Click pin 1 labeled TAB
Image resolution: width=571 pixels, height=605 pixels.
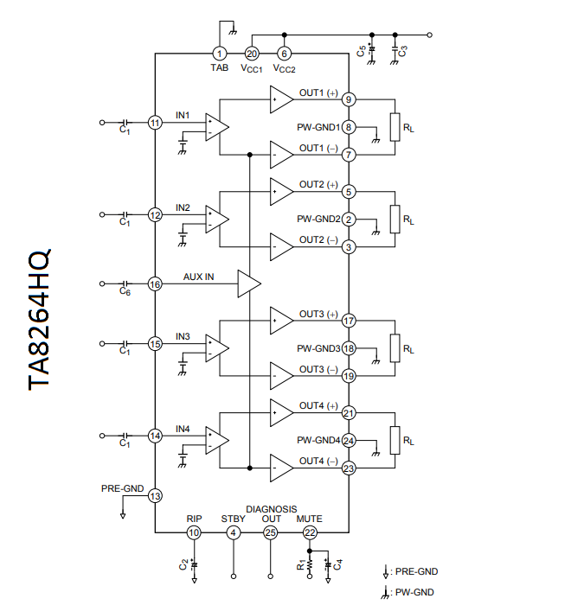point(220,54)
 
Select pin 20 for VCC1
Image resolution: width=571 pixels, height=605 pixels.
point(252,54)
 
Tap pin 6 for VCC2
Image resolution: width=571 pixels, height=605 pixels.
point(285,54)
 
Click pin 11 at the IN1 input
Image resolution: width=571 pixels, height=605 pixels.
point(155,123)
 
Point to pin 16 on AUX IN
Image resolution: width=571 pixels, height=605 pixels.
point(155,283)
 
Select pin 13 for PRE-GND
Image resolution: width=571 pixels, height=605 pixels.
point(155,496)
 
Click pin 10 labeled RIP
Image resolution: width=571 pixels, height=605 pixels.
point(194,533)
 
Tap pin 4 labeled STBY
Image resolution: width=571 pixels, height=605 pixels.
point(233,533)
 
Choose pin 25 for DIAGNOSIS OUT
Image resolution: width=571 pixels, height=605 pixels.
point(271,533)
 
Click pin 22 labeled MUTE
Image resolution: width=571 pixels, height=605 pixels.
point(310,533)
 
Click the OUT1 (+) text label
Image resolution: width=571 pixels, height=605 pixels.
point(318,92)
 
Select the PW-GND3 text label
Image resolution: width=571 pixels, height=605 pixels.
point(318,349)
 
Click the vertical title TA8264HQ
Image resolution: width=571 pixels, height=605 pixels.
point(40,319)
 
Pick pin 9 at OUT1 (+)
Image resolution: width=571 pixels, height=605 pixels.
point(349,99)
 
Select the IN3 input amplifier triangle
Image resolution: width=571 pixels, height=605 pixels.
point(216,347)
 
